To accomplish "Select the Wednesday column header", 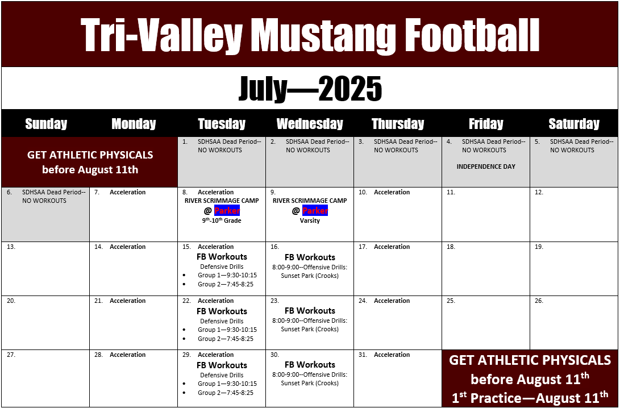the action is point(310,124).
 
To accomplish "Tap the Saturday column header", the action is point(574,124).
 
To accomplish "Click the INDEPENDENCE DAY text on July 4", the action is point(486,166).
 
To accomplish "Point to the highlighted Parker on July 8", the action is point(227,210).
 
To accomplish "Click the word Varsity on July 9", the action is point(310,220).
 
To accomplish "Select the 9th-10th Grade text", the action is point(222,220).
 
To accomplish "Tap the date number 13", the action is point(11,247).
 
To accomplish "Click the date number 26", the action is point(539,301).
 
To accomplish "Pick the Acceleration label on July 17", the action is point(392,247).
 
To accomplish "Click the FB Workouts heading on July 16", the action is point(310,257).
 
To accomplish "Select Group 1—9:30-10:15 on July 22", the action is point(227,330).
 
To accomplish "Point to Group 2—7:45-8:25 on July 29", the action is point(226,393).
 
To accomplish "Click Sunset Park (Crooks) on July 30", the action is point(310,383).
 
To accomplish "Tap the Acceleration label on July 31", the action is point(392,355).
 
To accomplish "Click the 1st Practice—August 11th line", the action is point(530,397).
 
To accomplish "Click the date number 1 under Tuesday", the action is point(185,141).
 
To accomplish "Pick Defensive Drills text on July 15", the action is point(222,267).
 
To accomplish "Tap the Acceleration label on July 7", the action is point(128,192).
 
